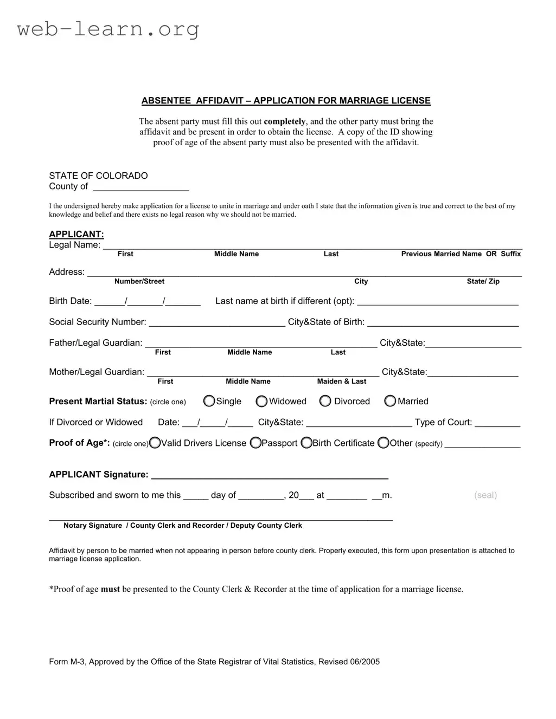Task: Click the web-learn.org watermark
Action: click(108, 29)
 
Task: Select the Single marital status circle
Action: click(209, 401)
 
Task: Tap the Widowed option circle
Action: click(261, 401)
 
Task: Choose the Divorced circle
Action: click(325, 401)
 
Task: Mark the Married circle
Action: click(390, 401)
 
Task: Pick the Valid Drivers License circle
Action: click(155, 443)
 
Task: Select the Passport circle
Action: click(255, 443)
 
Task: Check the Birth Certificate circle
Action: click(306, 443)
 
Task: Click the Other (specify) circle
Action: click(384, 443)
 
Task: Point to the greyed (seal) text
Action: click(485, 495)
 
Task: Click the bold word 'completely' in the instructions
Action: click(285, 121)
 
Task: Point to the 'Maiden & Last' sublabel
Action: click(342, 381)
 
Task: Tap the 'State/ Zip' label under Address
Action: click(483, 281)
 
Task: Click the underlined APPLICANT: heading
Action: click(76, 234)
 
